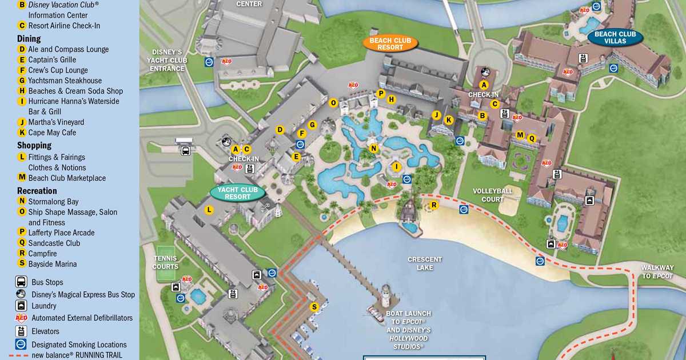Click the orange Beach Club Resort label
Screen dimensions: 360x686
tap(391, 43)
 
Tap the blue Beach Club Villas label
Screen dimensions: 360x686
tap(615, 38)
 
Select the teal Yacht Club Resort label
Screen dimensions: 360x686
tap(238, 193)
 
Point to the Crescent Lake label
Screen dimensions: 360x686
tap(425, 263)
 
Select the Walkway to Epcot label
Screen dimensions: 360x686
tap(657, 272)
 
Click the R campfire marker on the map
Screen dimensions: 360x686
tap(434, 205)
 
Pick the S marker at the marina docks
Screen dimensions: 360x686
tap(314, 307)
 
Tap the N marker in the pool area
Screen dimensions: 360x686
tap(374, 149)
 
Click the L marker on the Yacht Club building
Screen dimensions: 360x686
tap(209, 210)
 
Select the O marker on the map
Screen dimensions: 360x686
tap(333, 103)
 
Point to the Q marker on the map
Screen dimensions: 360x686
tap(532, 138)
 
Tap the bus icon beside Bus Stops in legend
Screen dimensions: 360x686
tap(21, 282)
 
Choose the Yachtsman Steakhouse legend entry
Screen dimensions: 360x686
tap(65, 81)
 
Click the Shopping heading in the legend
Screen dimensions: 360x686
tap(34, 145)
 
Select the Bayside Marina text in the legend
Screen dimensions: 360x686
tap(52, 264)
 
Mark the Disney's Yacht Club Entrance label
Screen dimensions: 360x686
tap(167, 60)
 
